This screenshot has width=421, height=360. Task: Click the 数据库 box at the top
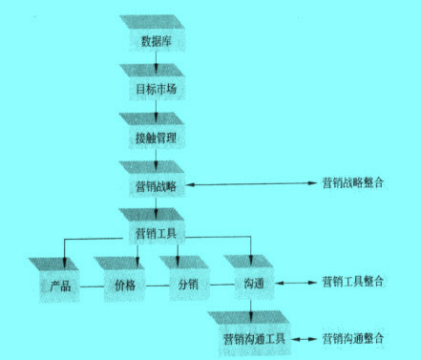[157, 40]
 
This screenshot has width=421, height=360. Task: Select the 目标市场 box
[157, 89]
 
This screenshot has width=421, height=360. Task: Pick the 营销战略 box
[157, 184]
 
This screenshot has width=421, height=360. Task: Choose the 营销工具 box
[157, 232]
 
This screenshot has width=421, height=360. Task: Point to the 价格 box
[124, 284]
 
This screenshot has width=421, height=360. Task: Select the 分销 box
[188, 284]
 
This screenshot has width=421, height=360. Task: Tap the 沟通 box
[253, 284]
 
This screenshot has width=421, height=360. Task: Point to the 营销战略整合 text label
[353, 181]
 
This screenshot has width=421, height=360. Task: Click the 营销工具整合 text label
[353, 283]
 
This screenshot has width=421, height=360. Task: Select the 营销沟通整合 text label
[353, 338]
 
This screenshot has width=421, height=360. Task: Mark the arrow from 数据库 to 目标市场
[157, 62]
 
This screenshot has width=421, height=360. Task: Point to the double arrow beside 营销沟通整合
[305, 338]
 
